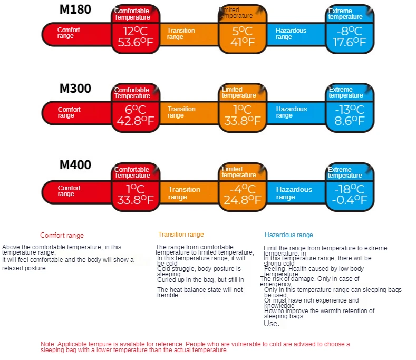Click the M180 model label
pos(75,9)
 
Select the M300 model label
pos(75,89)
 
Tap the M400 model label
pos(75,165)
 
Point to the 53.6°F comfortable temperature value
pos(135,43)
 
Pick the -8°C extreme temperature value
pos(349,31)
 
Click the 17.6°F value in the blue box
pos(350,43)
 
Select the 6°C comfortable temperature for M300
pos(135,110)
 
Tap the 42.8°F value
pos(135,121)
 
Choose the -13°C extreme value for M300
pos(350,110)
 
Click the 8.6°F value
pos(350,121)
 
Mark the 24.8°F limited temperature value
pos(242,200)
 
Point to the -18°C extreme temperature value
pos(350,188)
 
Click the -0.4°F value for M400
pos(350,200)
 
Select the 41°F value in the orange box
pos(242,43)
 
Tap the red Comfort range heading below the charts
pos(62,236)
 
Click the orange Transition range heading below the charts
pos(181,235)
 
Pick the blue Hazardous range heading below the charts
pos(288,235)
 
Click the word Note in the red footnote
pos(47,344)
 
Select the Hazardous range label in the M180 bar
pos(291,34)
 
